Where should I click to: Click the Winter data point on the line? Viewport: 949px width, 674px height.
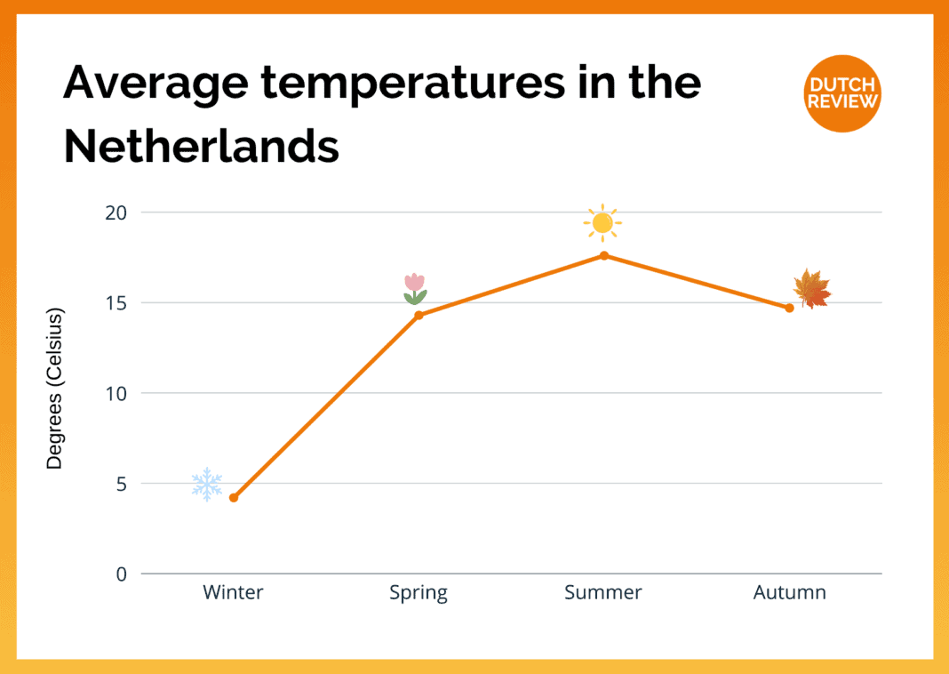coord(234,498)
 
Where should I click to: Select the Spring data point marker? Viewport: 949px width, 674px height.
coord(419,315)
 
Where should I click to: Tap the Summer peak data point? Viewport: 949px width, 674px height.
coord(604,256)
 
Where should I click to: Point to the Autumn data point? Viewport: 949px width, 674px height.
coord(789,308)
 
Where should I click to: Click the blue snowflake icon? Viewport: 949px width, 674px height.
coord(207,485)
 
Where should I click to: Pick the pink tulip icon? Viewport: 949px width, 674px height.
coord(415,289)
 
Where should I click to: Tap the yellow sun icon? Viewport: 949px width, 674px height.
coord(602,222)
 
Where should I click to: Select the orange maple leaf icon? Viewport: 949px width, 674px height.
coord(811,289)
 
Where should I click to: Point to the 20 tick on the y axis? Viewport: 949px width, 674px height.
coord(117,213)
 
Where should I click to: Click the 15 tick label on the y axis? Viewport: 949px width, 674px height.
coord(117,303)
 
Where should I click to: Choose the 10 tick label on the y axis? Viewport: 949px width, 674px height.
coord(117,393)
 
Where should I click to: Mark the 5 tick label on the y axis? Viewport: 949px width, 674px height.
coord(122,484)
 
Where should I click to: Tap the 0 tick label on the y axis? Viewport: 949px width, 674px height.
coord(122,574)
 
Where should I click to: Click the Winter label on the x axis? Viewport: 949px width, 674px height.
coord(234,593)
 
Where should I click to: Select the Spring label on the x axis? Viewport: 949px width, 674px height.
coord(419,593)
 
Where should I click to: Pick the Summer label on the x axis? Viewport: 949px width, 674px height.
coord(603,593)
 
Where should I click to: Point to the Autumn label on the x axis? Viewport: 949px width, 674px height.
coord(789,593)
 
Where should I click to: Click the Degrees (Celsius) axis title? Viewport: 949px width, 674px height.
coord(55,389)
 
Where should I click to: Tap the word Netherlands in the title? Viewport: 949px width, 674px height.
coord(202,145)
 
